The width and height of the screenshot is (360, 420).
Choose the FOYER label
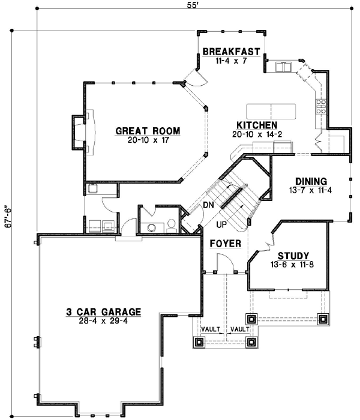coord(226,244)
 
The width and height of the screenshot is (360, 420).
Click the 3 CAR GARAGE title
coord(104,312)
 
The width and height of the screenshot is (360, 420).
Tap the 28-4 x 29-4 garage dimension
coord(104,321)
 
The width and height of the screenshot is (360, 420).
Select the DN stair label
coord(208,205)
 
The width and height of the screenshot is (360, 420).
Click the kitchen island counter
coord(272,110)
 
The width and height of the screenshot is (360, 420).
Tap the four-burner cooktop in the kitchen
coord(320,106)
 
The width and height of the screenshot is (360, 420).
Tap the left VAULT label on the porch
coord(210,329)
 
